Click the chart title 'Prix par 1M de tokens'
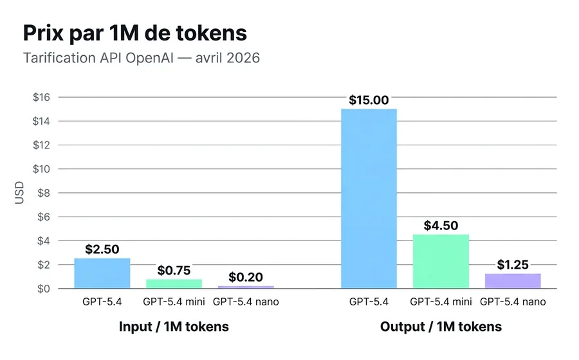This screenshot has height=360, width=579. [x=135, y=33]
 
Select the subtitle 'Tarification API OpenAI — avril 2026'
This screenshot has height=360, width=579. [x=142, y=59]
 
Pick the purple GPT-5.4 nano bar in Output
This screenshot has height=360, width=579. [x=513, y=281]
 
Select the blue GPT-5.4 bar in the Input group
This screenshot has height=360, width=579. [x=102, y=273]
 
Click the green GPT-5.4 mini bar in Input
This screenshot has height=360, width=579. [x=174, y=283]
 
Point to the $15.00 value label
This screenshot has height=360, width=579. [x=369, y=100]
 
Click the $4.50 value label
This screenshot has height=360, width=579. [x=441, y=226]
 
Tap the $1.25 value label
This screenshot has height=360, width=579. [x=513, y=265]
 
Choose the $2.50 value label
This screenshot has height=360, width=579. [x=102, y=249]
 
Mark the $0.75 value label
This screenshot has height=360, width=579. [x=174, y=271]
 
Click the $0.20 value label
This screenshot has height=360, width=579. [x=246, y=277]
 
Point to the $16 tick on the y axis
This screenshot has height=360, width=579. [x=42, y=97]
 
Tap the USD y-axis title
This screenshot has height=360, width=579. [x=19, y=193]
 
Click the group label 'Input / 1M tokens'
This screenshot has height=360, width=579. [x=174, y=327]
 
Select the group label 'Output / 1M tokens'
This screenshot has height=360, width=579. [x=441, y=327]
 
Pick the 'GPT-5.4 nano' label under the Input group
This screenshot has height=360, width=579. [x=246, y=301]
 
